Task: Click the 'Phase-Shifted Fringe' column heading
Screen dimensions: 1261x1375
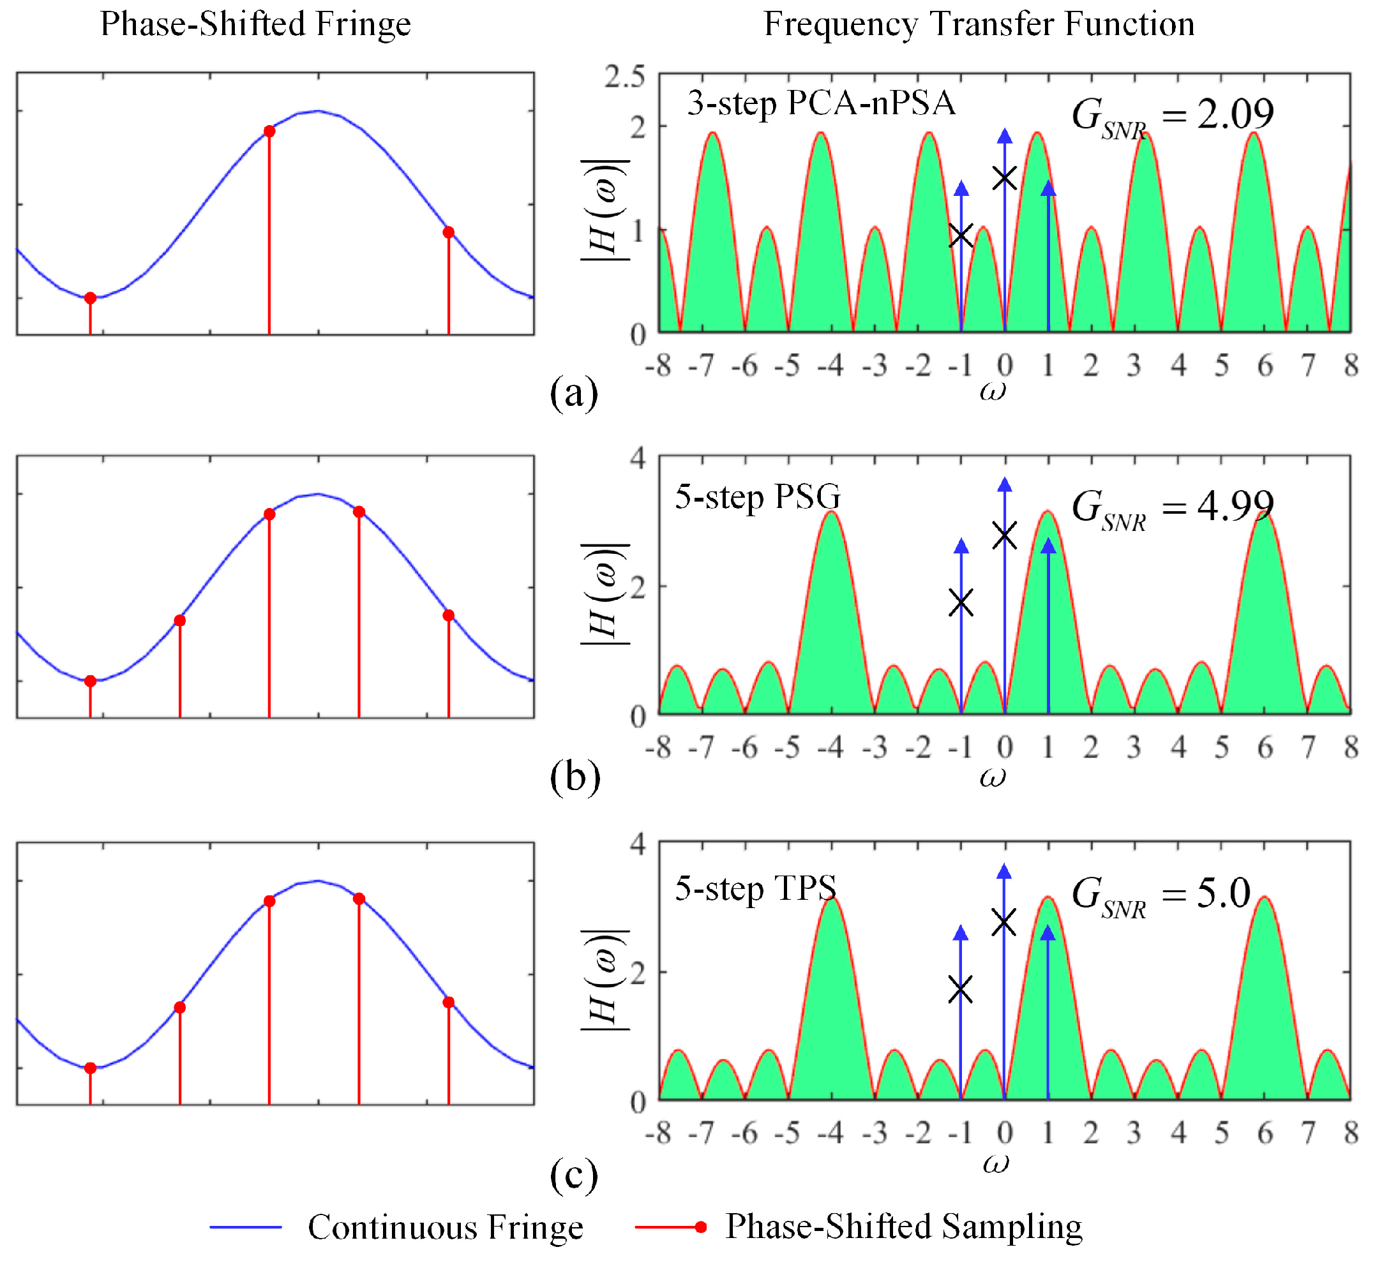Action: (255, 24)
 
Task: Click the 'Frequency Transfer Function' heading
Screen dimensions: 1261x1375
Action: (979, 24)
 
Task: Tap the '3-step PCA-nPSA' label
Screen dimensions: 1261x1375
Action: (821, 104)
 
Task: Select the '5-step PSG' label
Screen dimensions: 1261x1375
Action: (758, 496)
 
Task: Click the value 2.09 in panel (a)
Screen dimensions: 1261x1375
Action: (1235, 114)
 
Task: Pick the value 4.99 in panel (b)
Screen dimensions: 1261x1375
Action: (1235, 505)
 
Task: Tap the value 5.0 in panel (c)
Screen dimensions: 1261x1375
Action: (1224, 893)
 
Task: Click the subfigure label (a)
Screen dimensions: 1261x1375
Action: (574, 394)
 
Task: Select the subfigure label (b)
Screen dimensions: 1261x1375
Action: (575, 777)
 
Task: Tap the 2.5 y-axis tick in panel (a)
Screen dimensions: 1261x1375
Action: (624, 77)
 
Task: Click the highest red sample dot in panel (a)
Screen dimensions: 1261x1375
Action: (269, 131)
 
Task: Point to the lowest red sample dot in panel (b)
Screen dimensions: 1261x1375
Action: (90, 681)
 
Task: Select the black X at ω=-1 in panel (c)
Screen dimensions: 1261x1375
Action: (961, 989)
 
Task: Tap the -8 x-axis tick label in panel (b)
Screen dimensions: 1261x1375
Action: (657, 749)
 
